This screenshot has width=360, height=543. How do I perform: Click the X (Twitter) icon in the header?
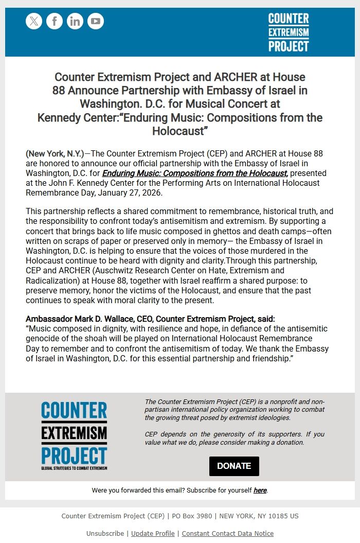point(34,21)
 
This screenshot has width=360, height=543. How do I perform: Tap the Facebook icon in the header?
point(55,21)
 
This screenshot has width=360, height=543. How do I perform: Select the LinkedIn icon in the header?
point(75,21)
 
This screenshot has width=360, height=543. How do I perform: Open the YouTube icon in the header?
point(96,21)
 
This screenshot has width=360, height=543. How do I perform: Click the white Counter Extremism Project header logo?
point(289,32)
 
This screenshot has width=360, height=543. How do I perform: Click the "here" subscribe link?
point(260,491)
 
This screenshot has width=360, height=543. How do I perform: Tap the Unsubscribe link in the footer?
point(105,533)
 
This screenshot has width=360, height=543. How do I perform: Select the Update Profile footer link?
point(153,533)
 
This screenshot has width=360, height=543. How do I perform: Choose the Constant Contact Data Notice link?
point(227,533)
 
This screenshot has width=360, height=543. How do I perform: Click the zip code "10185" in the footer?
point(278,516)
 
